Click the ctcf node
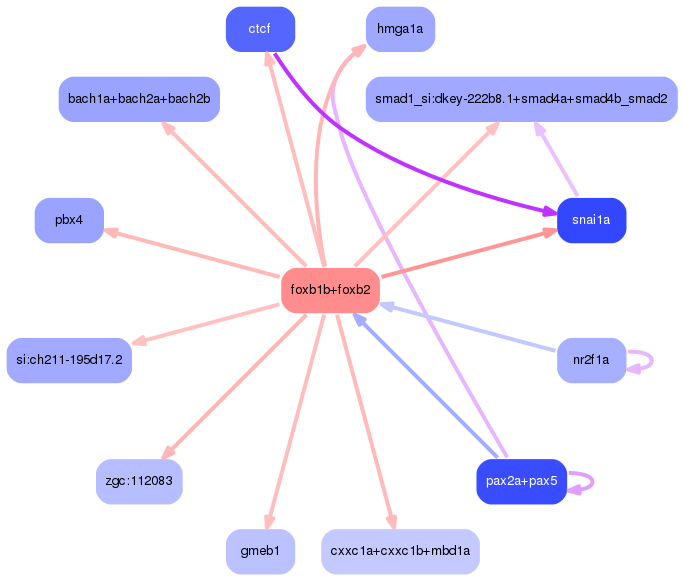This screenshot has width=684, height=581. (260, 29)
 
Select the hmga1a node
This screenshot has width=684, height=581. (400, 29)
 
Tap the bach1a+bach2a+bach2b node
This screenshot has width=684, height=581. (139, 99)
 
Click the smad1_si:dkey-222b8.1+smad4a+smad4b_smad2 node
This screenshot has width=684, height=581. (521, 99)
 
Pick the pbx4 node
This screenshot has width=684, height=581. (69, 220)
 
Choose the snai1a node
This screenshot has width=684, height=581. (591, 220)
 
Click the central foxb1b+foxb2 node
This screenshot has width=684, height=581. (330, 290)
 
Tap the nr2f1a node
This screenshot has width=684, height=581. (591, 360)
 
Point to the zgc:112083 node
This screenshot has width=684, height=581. (139, 481)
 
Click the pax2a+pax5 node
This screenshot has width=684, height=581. (521, 481)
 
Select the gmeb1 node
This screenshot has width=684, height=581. (260, 551)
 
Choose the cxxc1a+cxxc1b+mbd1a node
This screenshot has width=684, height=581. (400, 551)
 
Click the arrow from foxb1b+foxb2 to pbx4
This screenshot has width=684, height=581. (190, 253)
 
